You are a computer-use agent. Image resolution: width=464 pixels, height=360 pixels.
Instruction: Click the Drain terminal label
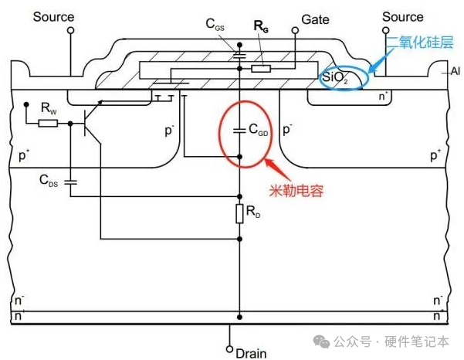(x=251, y=353)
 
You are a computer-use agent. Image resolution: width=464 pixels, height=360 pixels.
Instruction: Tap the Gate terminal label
(x=317, y=17)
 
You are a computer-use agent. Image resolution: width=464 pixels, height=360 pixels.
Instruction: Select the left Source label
(x=53, y=16)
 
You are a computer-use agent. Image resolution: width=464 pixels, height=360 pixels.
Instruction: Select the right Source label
(x=403, y=16)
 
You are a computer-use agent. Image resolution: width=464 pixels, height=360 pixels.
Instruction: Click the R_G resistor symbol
(x=261, y=68)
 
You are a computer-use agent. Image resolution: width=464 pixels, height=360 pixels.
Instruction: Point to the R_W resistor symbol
(x=48, y=122)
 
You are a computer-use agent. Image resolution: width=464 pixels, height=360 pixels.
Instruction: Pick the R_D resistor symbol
(x=239, y=212)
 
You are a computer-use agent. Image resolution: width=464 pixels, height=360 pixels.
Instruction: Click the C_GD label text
(x=258, y=132)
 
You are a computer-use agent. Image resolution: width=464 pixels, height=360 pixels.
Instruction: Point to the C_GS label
(x=216, y=25)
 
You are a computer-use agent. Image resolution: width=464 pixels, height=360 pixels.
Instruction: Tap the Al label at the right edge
(x=454, y=71)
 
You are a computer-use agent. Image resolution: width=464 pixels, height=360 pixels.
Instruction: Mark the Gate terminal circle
(x=294, y=31)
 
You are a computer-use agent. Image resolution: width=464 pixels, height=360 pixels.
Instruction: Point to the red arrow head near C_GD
(x=267, y=162)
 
